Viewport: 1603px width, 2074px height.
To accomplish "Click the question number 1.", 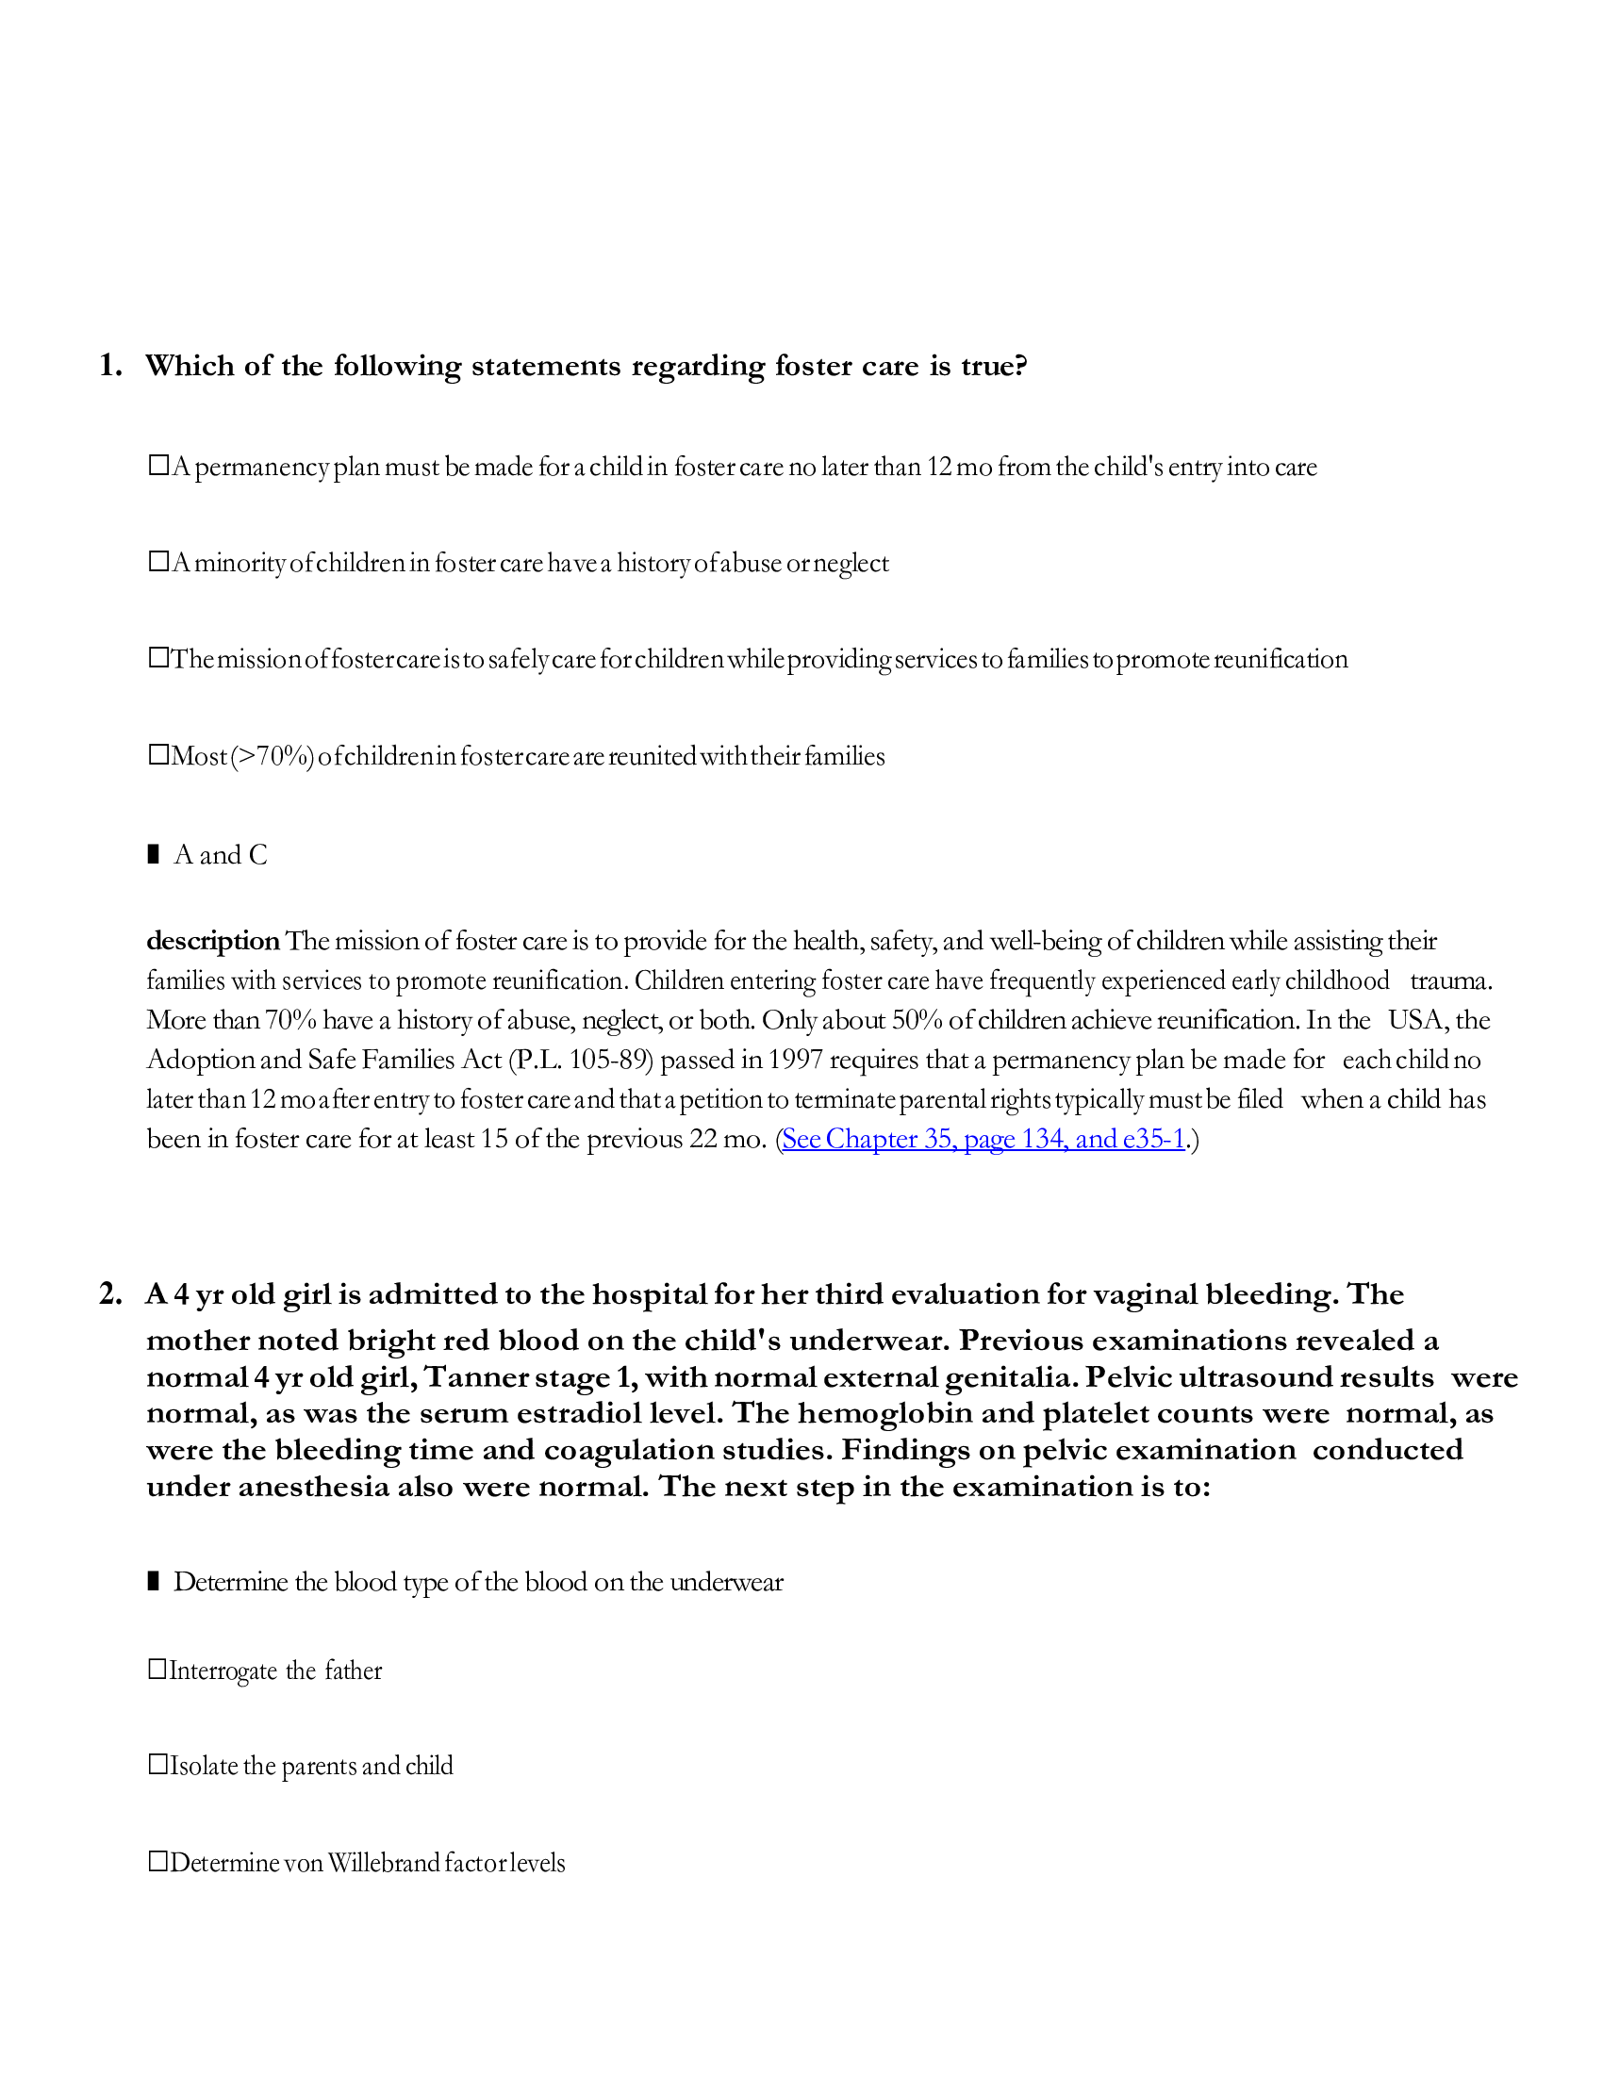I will (110, 367).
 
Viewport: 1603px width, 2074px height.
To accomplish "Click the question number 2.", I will (110, 1295).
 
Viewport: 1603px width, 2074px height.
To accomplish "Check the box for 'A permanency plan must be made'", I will (158, 467).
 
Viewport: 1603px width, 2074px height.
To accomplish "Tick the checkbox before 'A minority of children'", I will (158, 562).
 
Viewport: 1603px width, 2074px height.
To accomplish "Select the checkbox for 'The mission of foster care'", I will (158, 658).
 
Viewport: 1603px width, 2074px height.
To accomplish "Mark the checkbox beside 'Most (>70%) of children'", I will (158, 756).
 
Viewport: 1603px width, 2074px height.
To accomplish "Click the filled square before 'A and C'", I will (154, 855).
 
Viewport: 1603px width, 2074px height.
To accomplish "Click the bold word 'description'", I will (213, 941).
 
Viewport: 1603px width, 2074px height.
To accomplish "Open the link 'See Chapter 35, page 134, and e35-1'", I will (983, 1139).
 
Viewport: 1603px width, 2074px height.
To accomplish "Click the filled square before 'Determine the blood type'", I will (154, 1582).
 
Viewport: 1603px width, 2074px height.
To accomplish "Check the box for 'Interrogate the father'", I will (158, 1670).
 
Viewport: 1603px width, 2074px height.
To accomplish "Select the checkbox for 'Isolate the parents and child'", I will (158, 1766).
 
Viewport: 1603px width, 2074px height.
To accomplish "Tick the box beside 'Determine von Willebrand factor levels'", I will (158, 1862).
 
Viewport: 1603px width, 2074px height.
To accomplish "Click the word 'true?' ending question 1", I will (993, 367).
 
